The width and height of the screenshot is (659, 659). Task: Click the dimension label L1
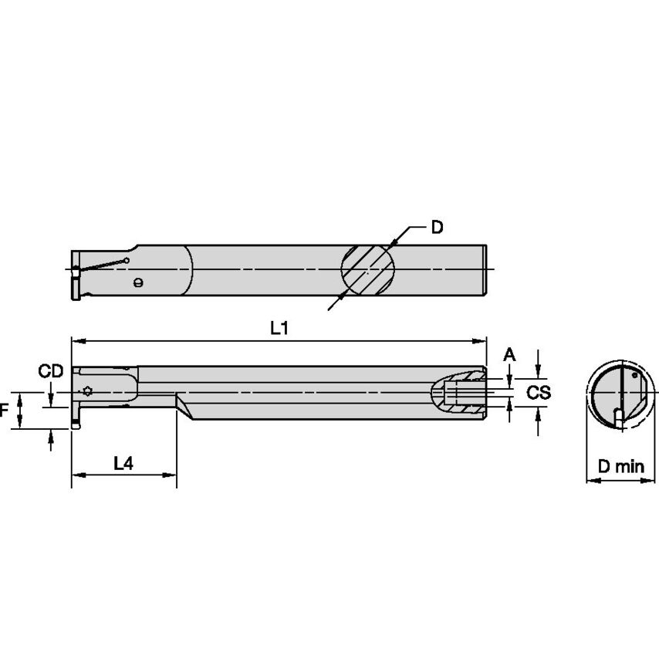[279, 327]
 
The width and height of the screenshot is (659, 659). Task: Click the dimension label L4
[123, 463]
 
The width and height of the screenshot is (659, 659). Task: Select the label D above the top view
[437, 228]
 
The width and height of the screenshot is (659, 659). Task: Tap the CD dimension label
[51, 372]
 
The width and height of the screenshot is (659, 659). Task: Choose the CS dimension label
[539, 392]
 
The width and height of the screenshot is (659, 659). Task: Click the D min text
[620, 465]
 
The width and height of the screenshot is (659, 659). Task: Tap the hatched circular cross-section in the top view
[368, 269]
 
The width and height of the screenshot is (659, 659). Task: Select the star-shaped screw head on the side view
[88, 390]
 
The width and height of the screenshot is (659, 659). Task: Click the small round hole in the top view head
[138, 282]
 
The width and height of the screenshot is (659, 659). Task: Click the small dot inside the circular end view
[634, 377]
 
